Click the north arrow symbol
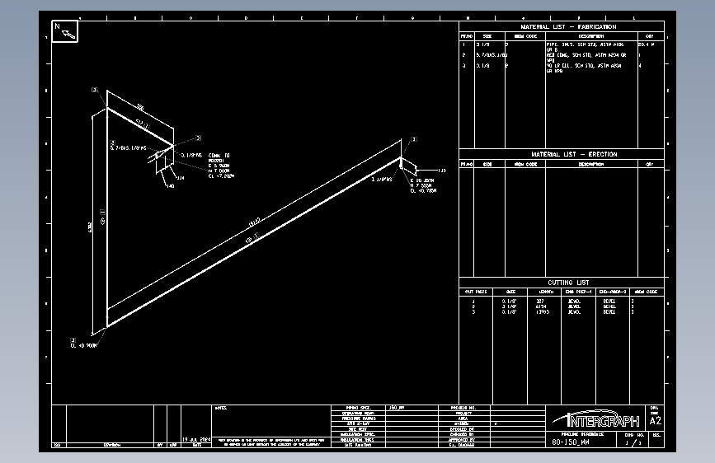click(x=65, y=31)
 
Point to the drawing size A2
click(x=656, y=419)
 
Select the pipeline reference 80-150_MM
click(x=571, y=442)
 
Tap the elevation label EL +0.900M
click(x=84, y=346)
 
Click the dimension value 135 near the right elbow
click(x=441, y=171)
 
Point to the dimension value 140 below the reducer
click(x=170, y=185)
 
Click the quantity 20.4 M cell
click(x=650, y=44)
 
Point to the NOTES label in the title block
click(x=220, y=408)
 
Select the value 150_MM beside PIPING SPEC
click(x=398, y=408)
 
